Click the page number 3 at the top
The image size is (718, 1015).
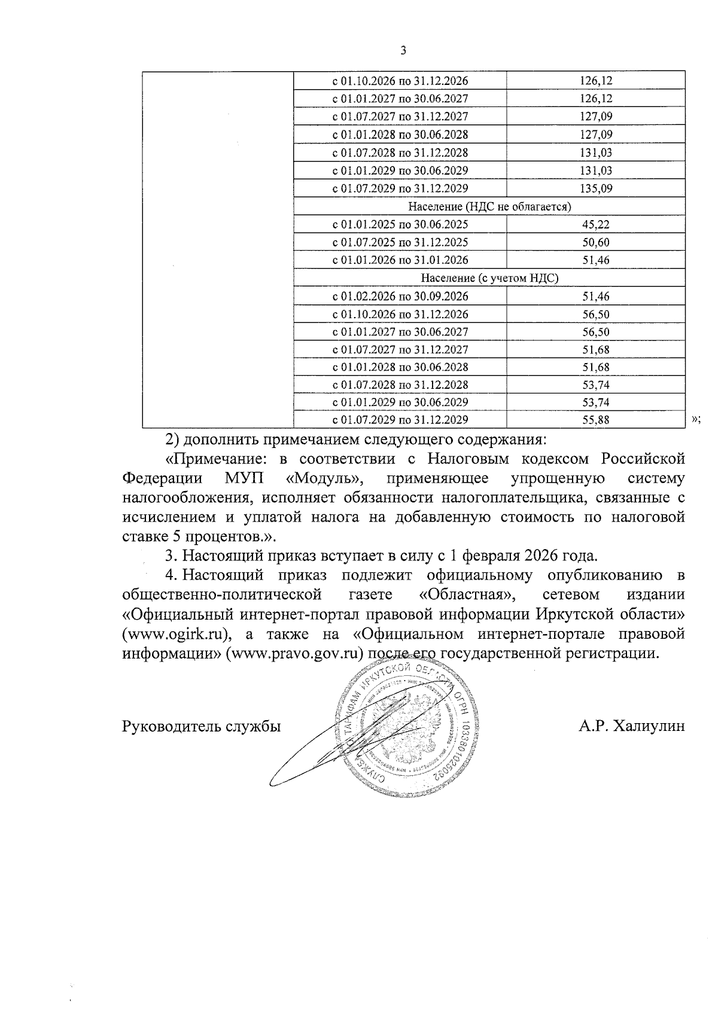point(403,51)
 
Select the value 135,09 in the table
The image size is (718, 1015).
point(596,188)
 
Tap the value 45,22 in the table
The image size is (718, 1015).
point(596,224)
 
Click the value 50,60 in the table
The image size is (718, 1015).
point(596,242)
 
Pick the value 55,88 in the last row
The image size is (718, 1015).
point(596,420)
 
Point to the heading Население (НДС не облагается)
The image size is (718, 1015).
point(489,206)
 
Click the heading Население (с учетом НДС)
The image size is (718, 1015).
point(489,278)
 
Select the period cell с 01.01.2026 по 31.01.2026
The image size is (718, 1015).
point(400,260)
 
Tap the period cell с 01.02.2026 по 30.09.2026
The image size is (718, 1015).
point(400,296)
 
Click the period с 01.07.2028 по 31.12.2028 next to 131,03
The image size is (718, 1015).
point(400,153)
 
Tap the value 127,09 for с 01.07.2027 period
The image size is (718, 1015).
point(596,117)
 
